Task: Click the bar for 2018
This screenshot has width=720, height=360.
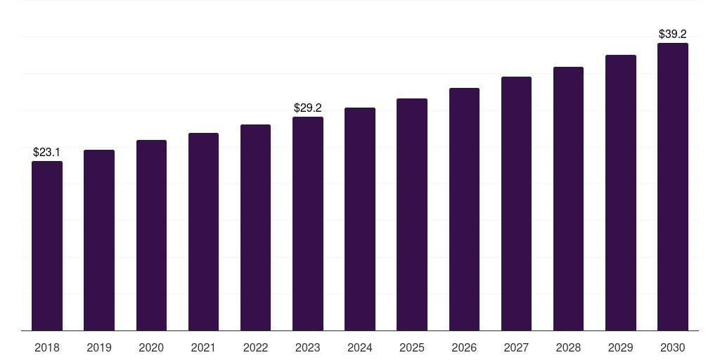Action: pos(47,245)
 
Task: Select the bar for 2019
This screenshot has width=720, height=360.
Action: pos(99,240)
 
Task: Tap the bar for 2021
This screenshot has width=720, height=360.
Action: pos(203,232)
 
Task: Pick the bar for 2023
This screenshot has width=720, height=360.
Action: pos(308,224)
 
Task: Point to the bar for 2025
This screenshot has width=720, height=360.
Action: pos(412,214)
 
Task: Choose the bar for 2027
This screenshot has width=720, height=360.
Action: pos(516,203)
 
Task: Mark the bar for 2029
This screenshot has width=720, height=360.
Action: pos(621,193)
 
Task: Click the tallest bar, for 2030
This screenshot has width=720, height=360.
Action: pos(673,187)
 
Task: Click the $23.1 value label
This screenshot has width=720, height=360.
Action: pos(46,153)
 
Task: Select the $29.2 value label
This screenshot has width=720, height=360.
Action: pos(308,108)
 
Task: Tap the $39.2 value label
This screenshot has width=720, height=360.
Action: pos(673,34)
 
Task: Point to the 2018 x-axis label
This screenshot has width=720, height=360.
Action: pos(47,347)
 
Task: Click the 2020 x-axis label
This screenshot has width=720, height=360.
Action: pos(151,347)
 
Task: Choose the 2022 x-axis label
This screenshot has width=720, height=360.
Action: pos(255,347)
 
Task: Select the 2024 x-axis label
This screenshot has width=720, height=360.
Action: pos(359,347)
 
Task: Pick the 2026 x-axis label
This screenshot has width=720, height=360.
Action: pos(464,347)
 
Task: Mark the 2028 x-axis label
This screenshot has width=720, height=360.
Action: pos(568,347)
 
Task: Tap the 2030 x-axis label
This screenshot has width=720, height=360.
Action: pos(673,347)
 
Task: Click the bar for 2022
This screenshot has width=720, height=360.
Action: pos(255,228)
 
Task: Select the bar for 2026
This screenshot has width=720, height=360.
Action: pos(464,210)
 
